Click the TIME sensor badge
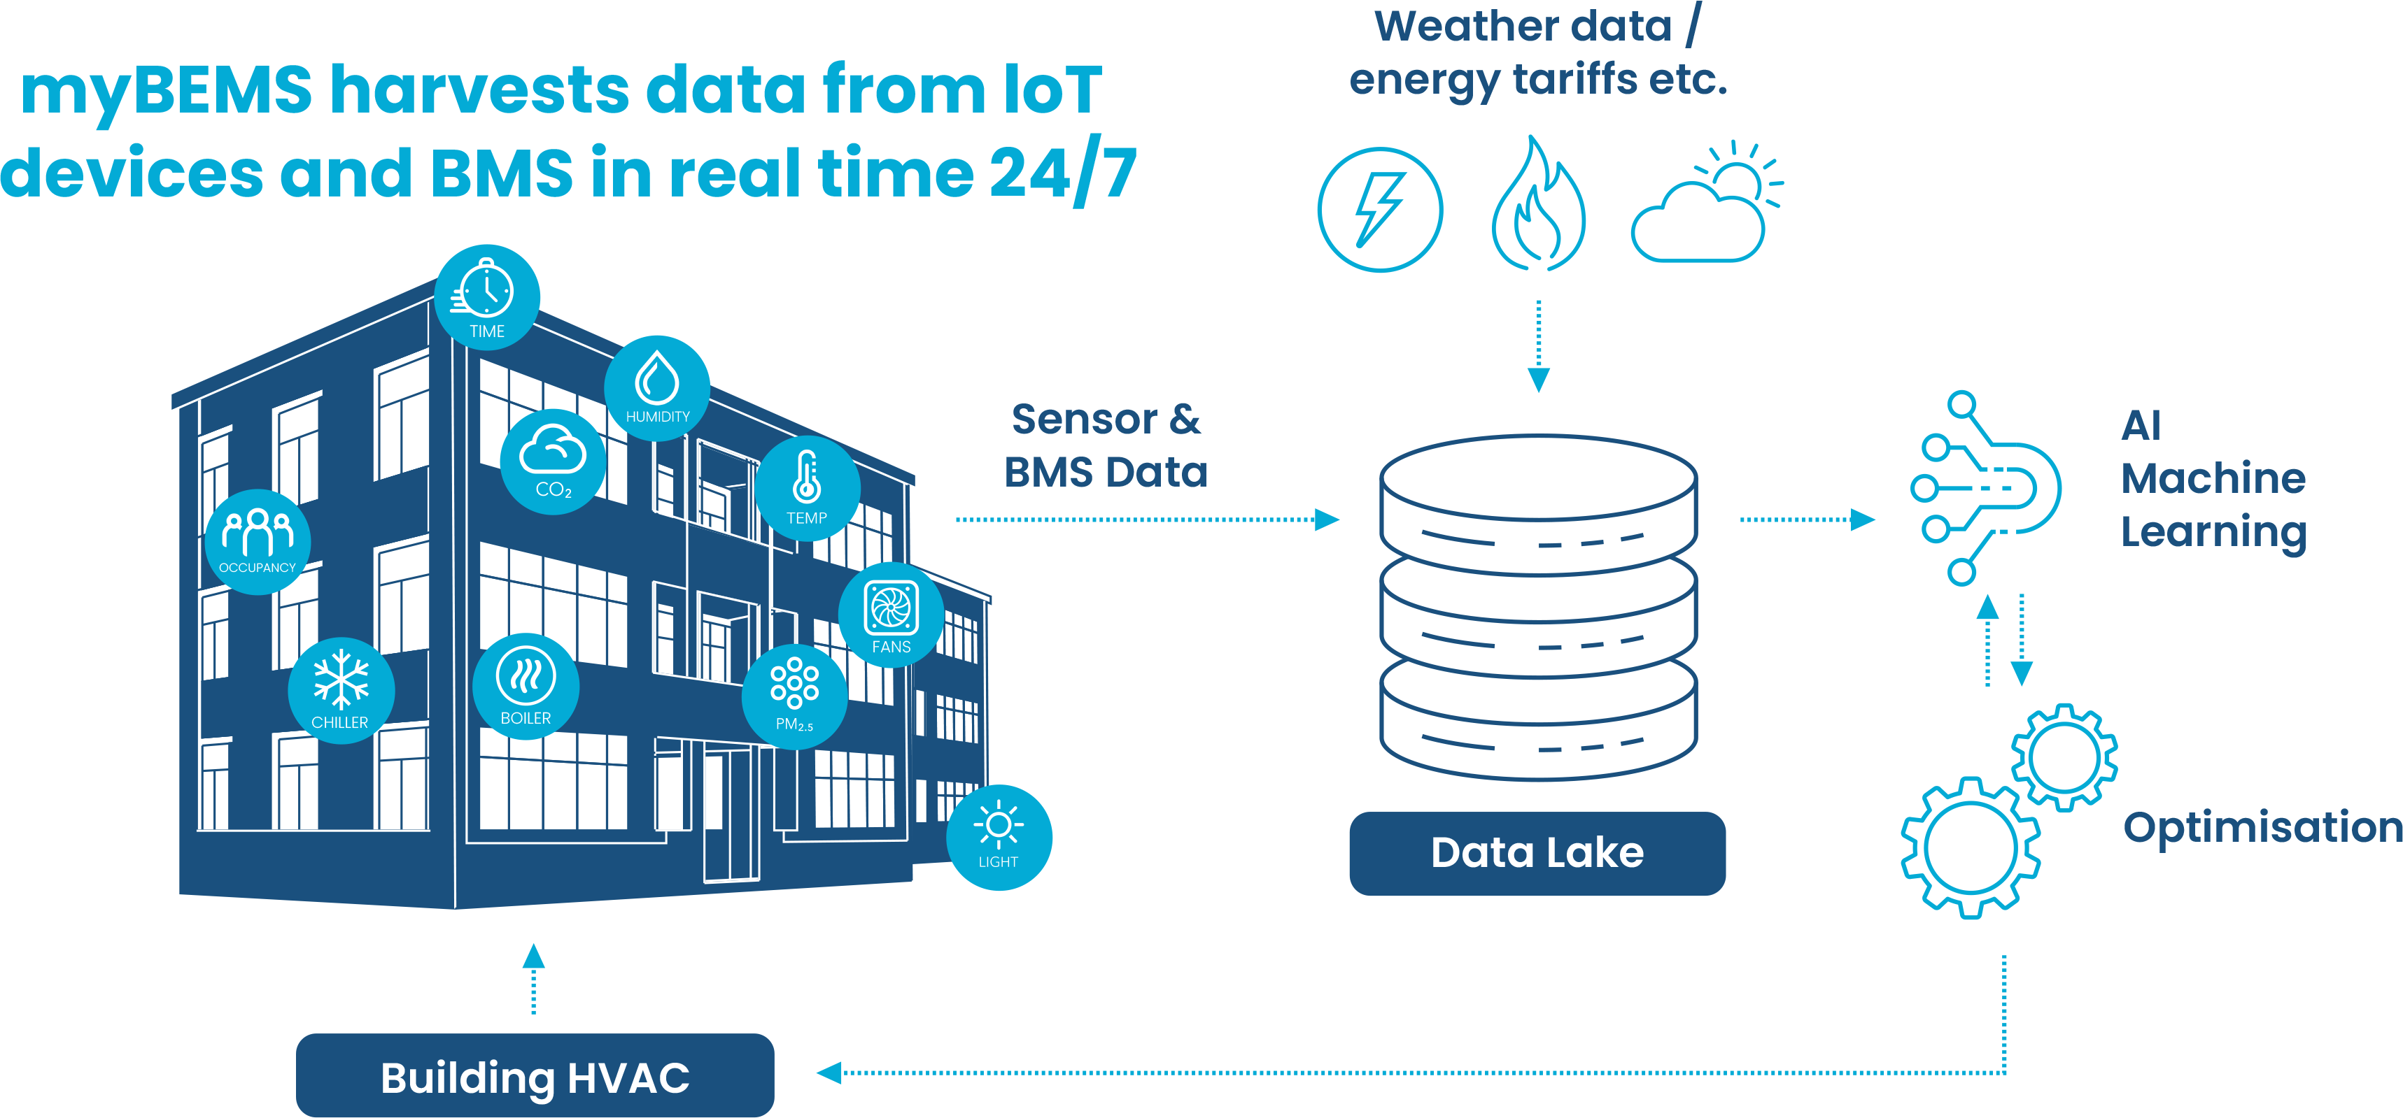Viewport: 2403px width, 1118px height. [x=487, y=297]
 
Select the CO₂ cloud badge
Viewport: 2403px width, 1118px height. [x=554, y=461]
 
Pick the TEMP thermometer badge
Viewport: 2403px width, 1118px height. [x=807, y=487]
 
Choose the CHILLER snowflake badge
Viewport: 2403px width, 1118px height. [x=341, y=691]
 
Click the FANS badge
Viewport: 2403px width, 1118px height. [x=891, y=615]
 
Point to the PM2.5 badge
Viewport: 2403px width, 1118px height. [x=794, y=696]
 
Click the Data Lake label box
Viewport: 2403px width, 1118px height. [x=1537, y=853]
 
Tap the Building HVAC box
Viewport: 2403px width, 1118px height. [x=535, y=1077]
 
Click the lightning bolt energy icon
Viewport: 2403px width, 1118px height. [x=1380, y=210]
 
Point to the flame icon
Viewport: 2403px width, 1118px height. [x=1538, y=205]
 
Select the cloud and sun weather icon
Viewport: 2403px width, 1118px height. [x=1705, y=205]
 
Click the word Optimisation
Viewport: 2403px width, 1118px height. [x=2261, y=827]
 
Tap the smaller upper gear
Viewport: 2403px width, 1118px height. [x=2064, y=757]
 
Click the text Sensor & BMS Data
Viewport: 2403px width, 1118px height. [x=1106, y=445]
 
